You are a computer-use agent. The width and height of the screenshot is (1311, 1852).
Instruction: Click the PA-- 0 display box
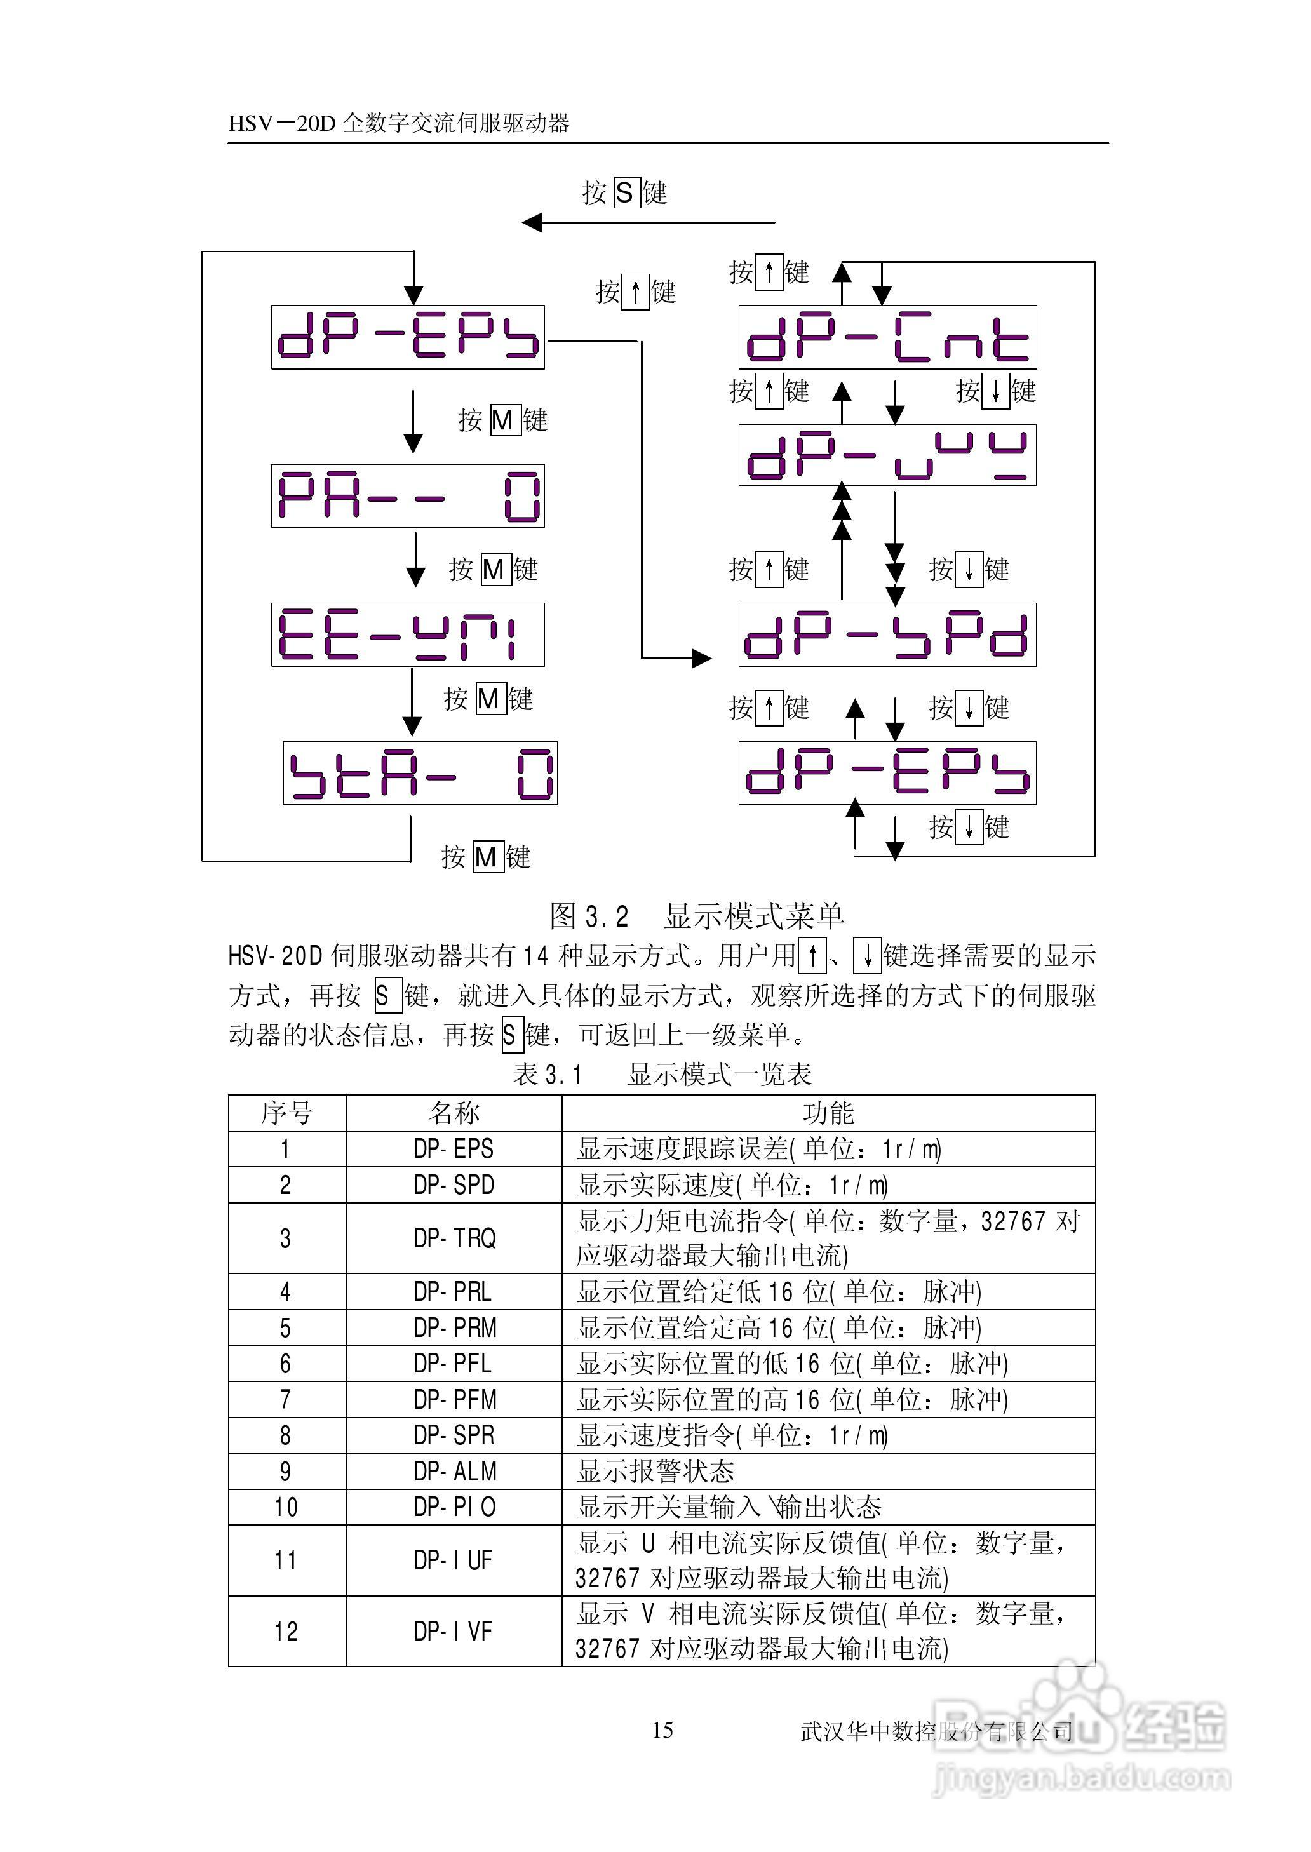[x=408, y=495]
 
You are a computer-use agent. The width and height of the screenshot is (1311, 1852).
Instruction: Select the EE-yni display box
[x=408, y=634]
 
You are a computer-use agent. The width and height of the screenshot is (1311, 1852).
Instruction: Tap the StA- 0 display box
[x=420, y=773]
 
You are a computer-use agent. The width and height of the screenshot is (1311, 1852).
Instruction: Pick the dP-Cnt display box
[x=887, y=337]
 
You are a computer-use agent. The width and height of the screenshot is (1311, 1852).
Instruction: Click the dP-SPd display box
[x=887, y=634]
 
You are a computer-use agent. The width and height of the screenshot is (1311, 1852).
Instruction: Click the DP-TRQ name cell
[x=454, y=1238]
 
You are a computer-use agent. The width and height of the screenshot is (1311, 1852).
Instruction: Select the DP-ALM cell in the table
[x=454, y=1471]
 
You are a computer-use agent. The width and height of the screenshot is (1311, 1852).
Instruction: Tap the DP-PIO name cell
[x=454, y=1506]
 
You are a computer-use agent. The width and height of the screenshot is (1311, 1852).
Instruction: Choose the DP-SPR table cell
[x=454, y=1435]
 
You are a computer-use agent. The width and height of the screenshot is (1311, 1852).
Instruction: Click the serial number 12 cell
[x=286, y=1631]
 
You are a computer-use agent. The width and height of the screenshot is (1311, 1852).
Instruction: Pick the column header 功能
[x=828, y=1113]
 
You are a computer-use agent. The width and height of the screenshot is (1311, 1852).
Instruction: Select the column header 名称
[x=454, y=1113]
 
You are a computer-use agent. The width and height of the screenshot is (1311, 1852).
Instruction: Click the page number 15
[x=662, y=1730]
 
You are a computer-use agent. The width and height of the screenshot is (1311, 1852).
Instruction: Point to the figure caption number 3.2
[x=606, y=916]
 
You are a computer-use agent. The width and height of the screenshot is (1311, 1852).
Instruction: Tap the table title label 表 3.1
[x=548, y=1074]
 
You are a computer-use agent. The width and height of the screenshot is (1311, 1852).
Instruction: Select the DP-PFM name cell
[x=454, y=1399]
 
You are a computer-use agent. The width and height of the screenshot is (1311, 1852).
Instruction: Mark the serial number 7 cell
[x=286, y=1399]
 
